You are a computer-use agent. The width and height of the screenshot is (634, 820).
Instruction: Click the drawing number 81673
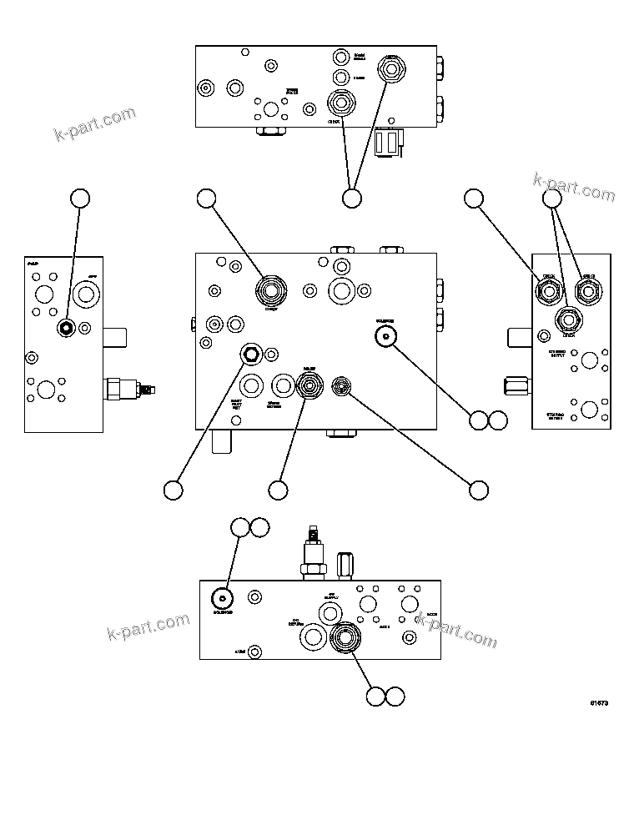tap(598, 703)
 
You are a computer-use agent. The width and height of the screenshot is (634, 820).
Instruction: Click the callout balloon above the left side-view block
tap(79, 198)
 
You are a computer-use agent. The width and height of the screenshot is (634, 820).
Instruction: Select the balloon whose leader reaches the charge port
tap(206, 198)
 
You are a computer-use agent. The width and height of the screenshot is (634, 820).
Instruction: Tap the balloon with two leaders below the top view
tap(352, 198)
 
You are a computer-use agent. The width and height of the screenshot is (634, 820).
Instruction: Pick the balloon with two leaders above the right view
tap(552, 198)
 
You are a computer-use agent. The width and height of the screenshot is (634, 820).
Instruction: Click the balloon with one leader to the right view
tap(474, 198)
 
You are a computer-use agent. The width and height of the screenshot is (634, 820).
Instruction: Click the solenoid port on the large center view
tap(385, 335)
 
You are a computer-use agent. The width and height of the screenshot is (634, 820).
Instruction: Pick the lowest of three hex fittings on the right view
tap(568, 319)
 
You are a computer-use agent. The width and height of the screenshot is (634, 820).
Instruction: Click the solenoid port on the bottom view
tap(221, 598)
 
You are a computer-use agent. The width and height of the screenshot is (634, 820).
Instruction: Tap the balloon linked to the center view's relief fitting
tap(278, 490)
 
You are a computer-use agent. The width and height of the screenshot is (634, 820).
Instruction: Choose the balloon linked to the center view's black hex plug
tap(173, 490)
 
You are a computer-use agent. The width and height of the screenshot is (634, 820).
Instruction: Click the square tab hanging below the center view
tap(221, 441)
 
